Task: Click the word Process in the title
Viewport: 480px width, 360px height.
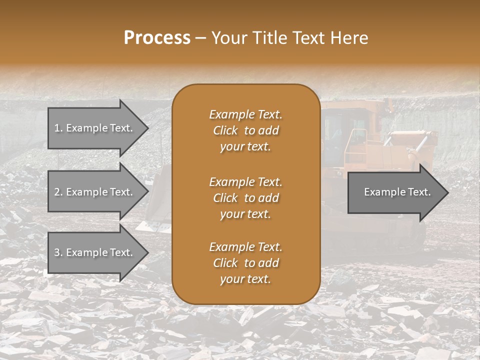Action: [157, 38]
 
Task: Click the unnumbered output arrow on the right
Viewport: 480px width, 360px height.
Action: [397, 192]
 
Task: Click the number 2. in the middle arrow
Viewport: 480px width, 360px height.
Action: [59, 192]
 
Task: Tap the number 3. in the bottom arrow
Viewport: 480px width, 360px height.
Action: [59, 252]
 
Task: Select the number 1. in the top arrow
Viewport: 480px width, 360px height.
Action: [59, 128]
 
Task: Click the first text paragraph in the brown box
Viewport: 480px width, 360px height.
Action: [245, 130]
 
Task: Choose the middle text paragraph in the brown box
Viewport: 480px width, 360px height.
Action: [245, 198]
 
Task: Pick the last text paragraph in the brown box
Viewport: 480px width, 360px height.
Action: [245, 263]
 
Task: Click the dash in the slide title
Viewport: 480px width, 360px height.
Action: [201, 38]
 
